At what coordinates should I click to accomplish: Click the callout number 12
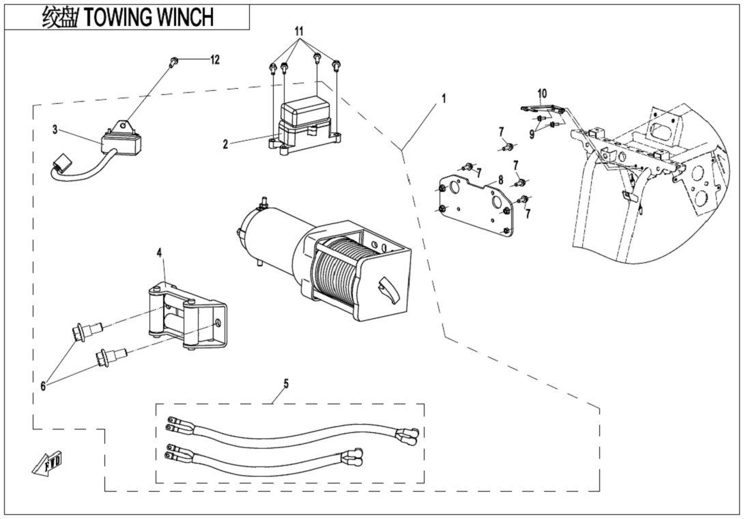point(215,60)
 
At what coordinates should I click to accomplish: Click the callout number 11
point(298,32)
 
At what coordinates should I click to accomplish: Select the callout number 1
point(443,98)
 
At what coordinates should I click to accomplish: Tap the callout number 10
point(542,92)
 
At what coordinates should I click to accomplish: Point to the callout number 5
point(285,384)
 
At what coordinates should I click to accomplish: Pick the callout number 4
point(159,253)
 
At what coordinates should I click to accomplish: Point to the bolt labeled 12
point(174,62)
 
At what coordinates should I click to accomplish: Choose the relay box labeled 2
point(304,123)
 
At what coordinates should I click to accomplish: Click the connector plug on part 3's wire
point(63,165)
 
